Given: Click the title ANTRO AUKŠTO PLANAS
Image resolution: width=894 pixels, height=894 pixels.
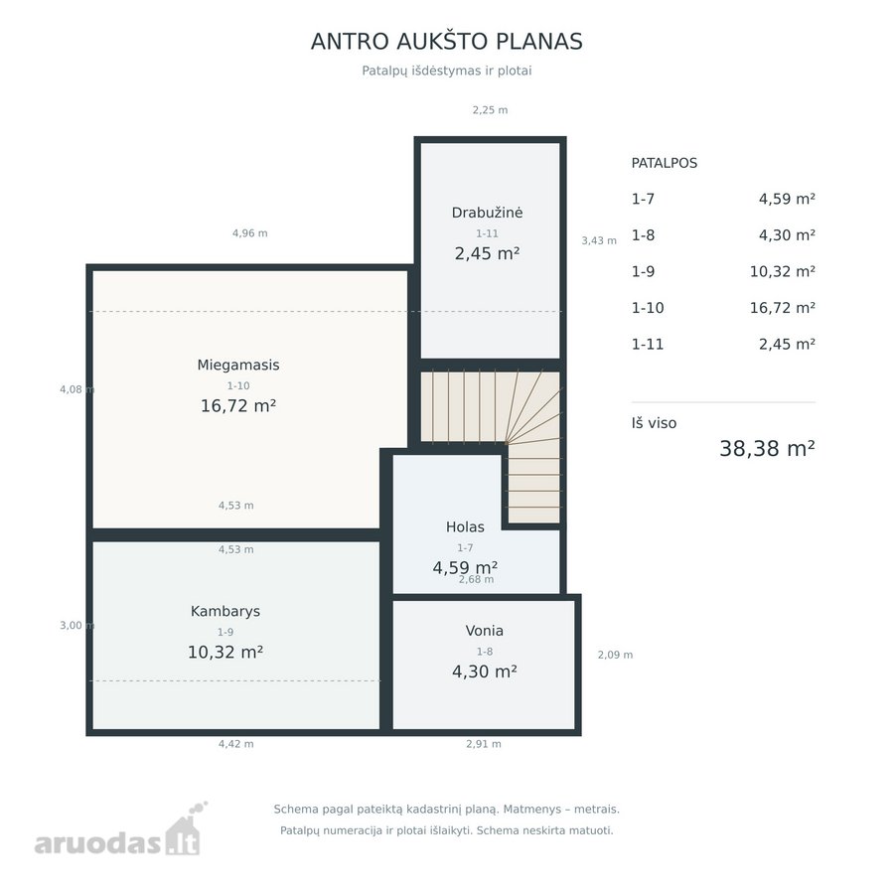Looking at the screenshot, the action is point(446,42).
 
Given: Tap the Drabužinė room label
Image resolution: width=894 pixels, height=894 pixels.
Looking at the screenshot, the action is point(487,213).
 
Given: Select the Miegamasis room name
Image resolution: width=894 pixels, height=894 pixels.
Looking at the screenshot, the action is point(238,365).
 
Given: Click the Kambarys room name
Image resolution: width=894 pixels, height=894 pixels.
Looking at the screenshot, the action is point(225,611).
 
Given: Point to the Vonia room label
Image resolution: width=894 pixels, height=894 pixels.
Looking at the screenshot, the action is point(484,631).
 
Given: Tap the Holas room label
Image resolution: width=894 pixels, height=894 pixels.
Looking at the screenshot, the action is point(465,526).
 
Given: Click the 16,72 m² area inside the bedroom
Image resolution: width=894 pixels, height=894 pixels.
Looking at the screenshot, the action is point(238,406).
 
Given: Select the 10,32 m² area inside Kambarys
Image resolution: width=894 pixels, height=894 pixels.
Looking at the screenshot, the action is point(225,653).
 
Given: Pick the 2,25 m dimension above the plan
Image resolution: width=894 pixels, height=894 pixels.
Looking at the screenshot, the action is point(490,110).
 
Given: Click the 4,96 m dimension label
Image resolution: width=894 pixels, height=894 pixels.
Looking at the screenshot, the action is point(249,233).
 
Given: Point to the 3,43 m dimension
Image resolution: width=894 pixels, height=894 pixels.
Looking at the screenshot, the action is point(599,240).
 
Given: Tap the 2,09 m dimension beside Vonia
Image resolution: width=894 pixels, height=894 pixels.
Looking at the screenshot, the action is point(615,655).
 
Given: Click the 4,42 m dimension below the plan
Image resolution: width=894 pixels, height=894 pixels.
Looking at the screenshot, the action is point(236,743).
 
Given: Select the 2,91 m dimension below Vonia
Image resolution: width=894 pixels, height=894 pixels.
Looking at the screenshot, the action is point(484,743).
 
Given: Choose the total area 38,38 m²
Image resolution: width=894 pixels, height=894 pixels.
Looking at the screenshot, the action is point(767,449).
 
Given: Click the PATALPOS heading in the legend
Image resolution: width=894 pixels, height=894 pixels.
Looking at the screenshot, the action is point(665,163).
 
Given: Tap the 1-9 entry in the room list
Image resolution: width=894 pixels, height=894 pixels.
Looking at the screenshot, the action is point(643,271).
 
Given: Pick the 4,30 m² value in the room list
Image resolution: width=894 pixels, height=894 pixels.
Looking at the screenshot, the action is point(787,234).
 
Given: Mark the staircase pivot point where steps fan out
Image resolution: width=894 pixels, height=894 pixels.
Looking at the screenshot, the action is point(507,442).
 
